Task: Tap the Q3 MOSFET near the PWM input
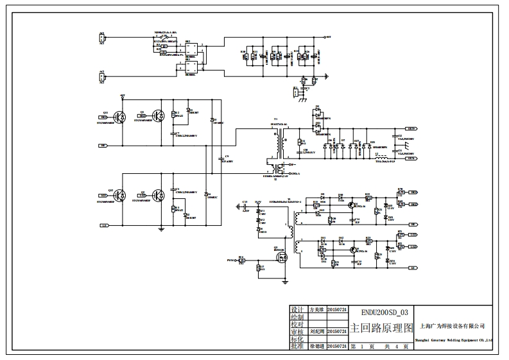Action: (280, 257)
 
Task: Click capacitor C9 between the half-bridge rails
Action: (222, 159)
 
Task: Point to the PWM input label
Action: (230, 261)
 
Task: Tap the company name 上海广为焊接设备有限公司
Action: (456, 327)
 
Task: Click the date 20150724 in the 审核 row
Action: (337, 332)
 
